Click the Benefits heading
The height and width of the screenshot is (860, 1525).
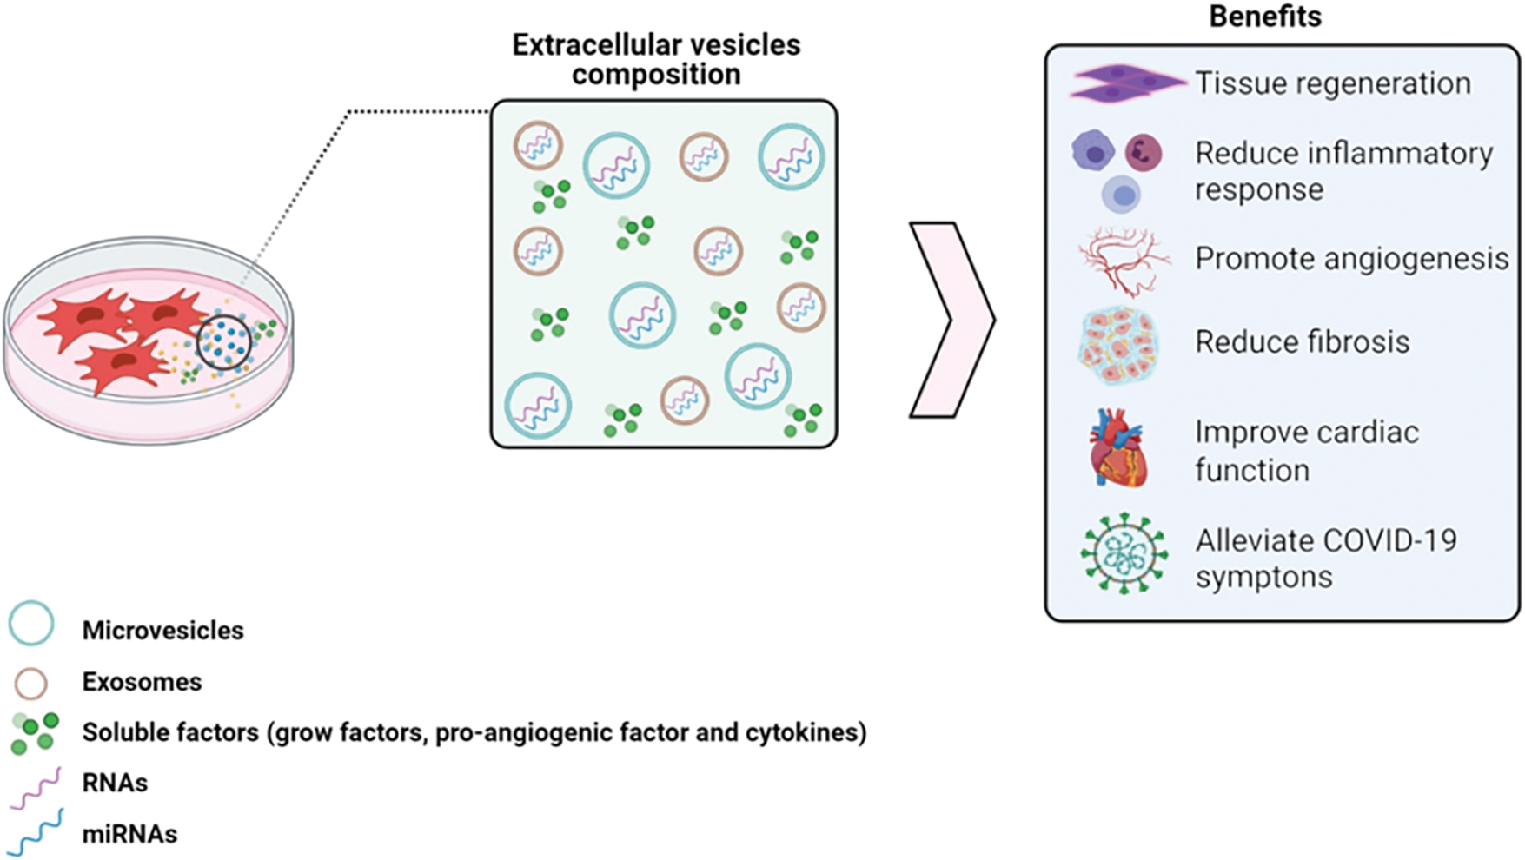(x=1264, y=17)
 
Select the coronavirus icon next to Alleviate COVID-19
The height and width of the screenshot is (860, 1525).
(x=1124, y=553)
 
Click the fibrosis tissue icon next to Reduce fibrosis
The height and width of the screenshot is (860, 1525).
(x=1119, y=344)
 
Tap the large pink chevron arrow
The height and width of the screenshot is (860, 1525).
(x=951, y=320)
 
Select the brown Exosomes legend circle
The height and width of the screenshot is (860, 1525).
(x=31, y=684)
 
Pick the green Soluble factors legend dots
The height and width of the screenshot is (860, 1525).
(x=35, y=732)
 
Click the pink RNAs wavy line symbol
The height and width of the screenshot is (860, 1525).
(x=36, y=788)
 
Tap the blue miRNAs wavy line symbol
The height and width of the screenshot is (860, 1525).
(x=36, y=832)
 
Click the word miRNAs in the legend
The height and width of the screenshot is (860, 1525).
(x=129, y=834)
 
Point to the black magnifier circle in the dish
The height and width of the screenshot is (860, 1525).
(x=224, y=342)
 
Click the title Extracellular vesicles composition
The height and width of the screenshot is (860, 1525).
(x=656, y=59)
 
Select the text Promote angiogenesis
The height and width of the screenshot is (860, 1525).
(x=1351, y=258)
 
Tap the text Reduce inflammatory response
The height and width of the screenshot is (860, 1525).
(x=1343, y=171)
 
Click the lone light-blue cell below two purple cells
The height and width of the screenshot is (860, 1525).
(x=1122, y=195)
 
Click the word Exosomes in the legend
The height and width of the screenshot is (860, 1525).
(x=142, y=682)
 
